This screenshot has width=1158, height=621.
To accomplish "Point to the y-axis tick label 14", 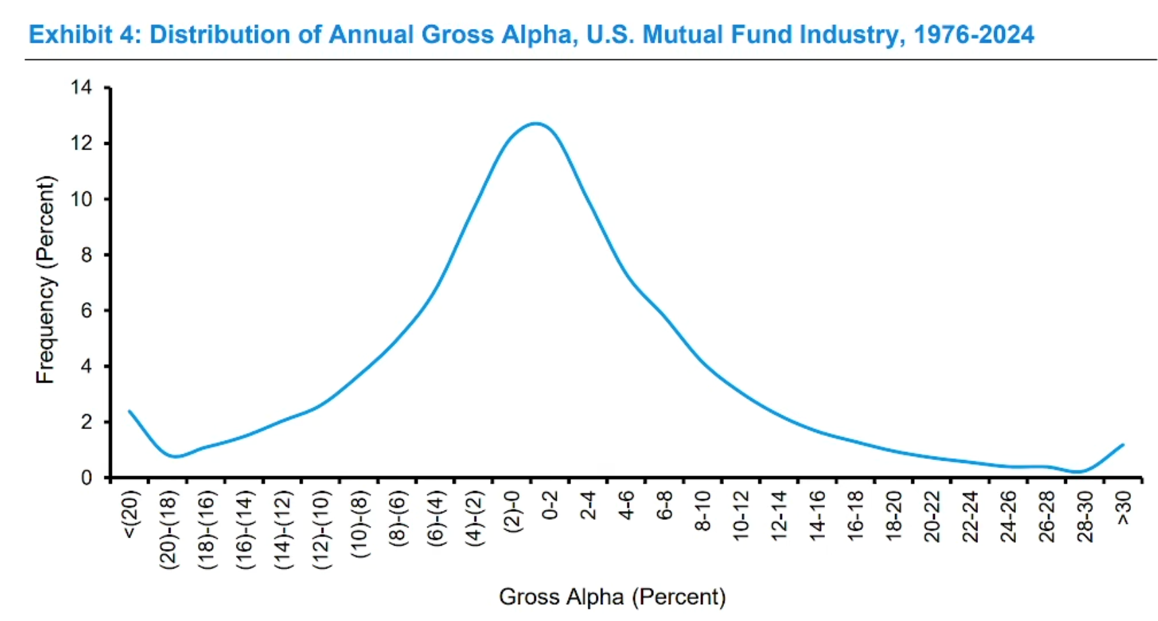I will point(82,88).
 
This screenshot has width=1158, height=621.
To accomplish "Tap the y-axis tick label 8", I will point(86,255).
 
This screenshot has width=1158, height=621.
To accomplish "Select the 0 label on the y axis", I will point(86,478).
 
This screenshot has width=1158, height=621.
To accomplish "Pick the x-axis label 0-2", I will point(550,505).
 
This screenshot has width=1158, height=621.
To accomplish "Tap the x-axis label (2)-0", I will point(512,511).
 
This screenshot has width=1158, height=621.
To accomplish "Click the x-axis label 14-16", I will point(817,515).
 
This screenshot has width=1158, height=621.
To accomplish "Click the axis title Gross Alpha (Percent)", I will point(612,597).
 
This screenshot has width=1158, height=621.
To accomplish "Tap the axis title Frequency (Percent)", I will point(45,280).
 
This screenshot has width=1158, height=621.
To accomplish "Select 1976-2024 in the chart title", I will point(973,34).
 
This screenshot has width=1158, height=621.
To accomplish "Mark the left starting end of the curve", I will point(129,411).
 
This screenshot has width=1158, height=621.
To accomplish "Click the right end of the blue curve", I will point(1123,445).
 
